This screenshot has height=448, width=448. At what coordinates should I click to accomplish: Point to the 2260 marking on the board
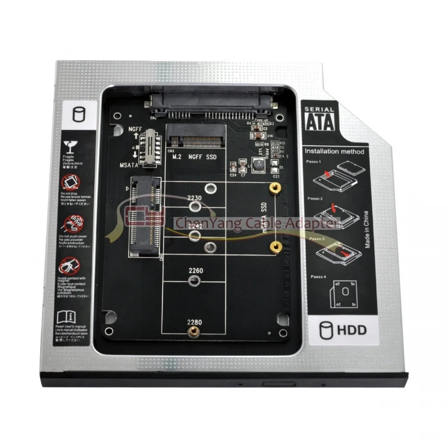195,271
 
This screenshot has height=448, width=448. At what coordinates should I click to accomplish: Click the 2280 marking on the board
195,321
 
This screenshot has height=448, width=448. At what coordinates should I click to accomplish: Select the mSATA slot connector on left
143,214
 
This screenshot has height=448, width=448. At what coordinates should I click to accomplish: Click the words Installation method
333,152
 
